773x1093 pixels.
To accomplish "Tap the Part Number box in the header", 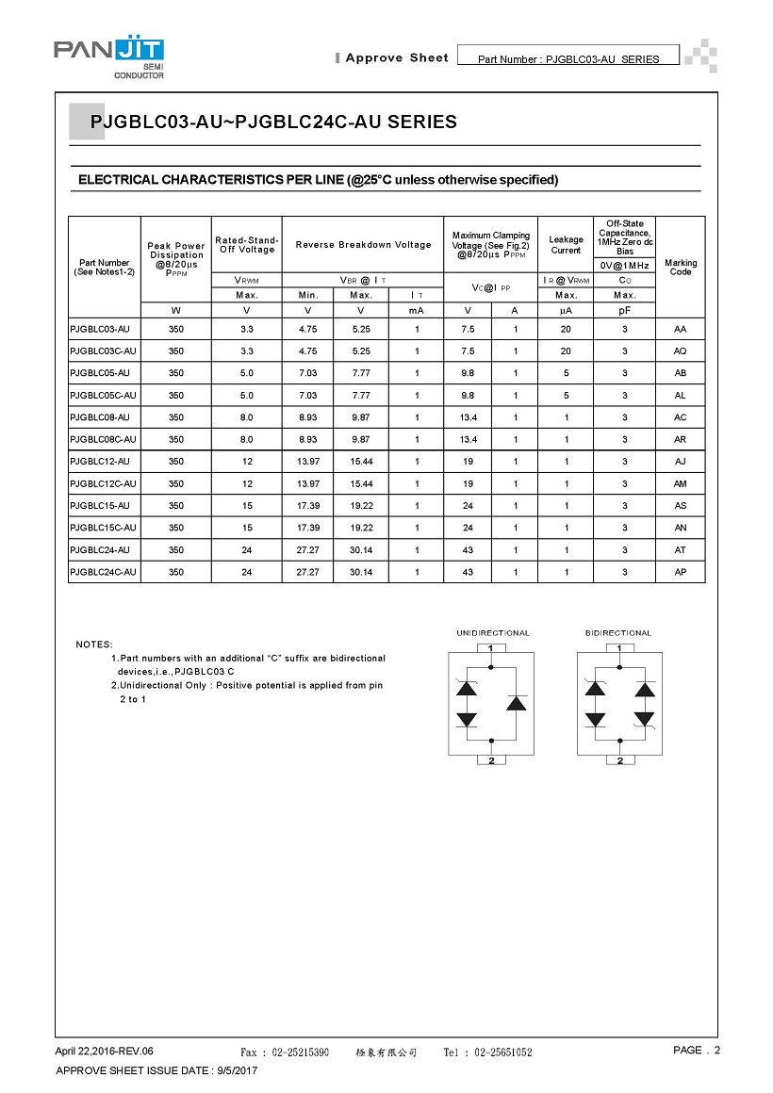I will [x=567, y=57].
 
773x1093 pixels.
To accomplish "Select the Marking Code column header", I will [x=680, y=268].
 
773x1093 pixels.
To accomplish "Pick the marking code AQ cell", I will [x=680, y=351].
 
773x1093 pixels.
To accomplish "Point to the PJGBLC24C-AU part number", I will [x=103, y=572].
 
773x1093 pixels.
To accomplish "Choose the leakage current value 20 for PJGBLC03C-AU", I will [x=565, y=351].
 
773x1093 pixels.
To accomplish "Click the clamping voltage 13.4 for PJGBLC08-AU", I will [x=468, y=417].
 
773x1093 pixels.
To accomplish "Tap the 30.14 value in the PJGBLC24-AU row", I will [x=361, y=550].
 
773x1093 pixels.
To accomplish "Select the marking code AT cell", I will [x=680, y=550].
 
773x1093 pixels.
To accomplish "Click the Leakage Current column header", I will [x=566, y=245].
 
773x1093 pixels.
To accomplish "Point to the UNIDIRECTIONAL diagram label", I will [x=493, y=633].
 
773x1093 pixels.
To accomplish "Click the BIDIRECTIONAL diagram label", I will [x=618, y=633].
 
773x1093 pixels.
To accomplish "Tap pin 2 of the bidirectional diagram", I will [x=619, y=760].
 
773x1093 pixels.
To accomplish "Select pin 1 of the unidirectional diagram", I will [x=491, y=647].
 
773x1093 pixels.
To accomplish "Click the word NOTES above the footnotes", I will [x=94, y=644].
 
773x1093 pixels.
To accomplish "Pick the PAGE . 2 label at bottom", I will [x=697, y=1051].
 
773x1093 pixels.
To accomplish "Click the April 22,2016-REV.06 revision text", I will [x=104, y=1052].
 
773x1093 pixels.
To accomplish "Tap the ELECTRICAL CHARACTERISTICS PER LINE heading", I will [x=318, y=180].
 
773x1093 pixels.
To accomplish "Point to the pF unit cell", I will [x=624, y=309].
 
